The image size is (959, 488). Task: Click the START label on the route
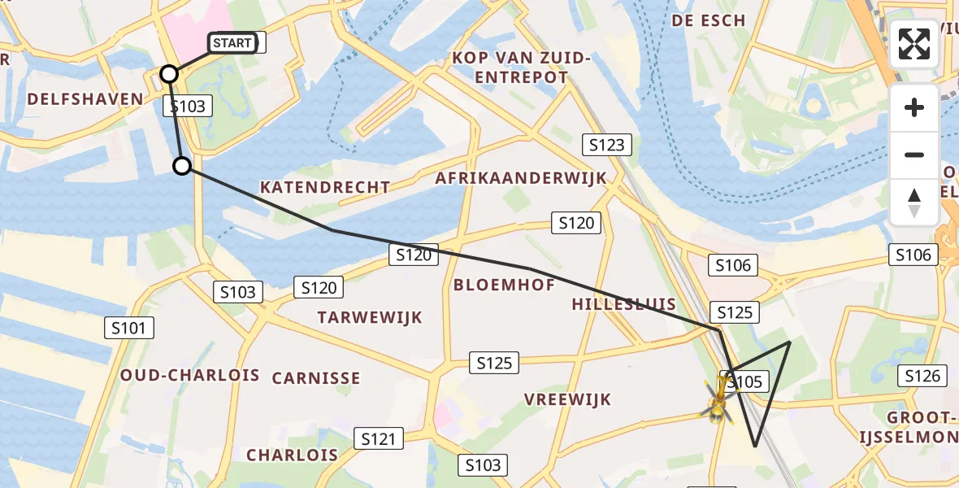click(x=232, y=43)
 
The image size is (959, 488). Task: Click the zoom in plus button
click(x=914, y=107)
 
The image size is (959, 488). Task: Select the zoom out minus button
click(x=914, y=155)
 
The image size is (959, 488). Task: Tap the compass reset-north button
click(x=914, y=202)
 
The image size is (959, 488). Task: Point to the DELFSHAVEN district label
click(x=85, y=99)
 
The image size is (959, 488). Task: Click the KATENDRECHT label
click(x=325, y=187)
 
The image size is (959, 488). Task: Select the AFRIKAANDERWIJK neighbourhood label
click(x=521, y=178)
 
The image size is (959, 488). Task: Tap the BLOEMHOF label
click(x=504, y=285)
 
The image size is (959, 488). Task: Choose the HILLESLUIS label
click(x=624, y=304)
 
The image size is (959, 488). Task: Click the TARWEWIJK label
click(x=371, y=317)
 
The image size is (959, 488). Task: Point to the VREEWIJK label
click(x=567, y=399)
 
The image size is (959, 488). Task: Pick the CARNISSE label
click(x=316, y=378)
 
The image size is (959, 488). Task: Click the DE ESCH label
click(x=709, y=20)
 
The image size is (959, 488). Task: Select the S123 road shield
click(x=607, y=146)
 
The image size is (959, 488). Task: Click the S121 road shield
click(x=378, y=439)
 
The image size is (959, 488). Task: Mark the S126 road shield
click(x=922, y=376)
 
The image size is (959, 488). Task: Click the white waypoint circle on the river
click(x=182, y=166)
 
